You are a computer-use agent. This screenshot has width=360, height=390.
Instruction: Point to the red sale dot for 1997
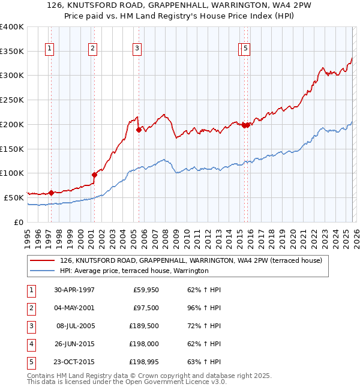tap(52, 193)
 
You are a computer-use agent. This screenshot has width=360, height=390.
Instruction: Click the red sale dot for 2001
tap(94, 175)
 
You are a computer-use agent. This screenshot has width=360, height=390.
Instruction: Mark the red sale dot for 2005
tap(139, 129)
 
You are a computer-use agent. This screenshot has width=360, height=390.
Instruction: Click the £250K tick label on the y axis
tap(12, 100)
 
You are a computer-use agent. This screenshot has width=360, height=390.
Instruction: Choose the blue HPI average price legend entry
tap(133, 271)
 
